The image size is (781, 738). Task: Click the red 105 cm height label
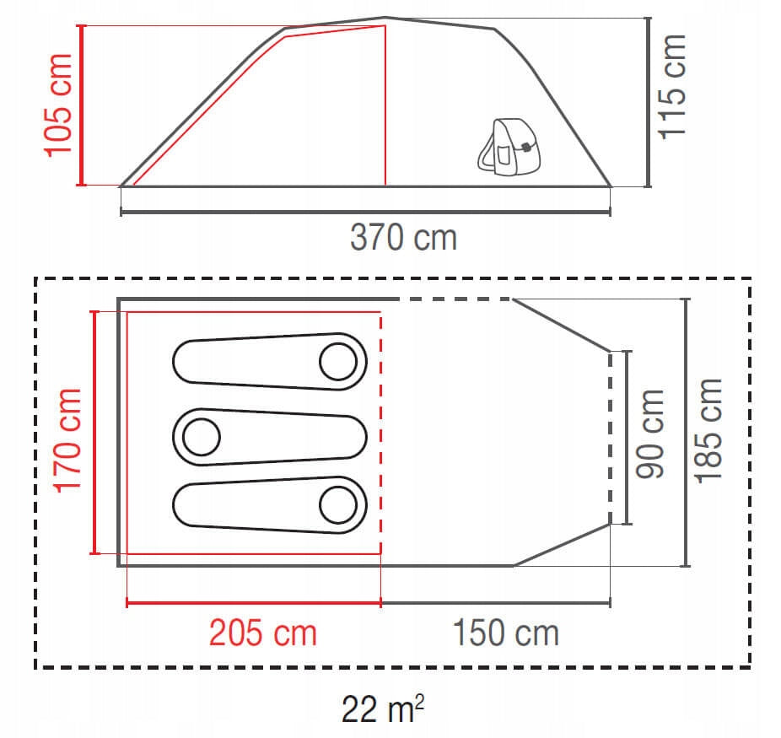pos(58,105)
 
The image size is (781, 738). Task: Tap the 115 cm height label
pos(672,87)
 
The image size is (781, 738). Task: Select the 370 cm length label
pos(403,238)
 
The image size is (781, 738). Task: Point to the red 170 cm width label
pos(67,441)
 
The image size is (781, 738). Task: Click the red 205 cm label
pos(263,633)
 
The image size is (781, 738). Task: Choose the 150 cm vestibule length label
pos(505,633)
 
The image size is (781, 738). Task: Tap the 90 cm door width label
pos(650,434)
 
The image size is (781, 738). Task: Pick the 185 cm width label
pos(708,431)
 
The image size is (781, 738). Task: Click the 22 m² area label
pos(383,708)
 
